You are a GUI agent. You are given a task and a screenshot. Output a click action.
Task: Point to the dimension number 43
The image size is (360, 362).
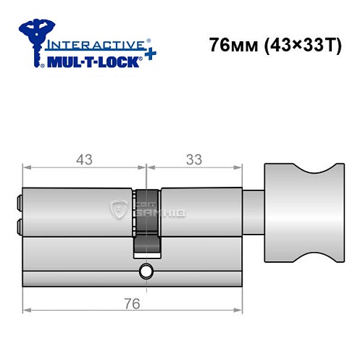click(85, 159)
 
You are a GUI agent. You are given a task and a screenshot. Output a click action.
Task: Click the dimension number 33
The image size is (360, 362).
click(192, 159)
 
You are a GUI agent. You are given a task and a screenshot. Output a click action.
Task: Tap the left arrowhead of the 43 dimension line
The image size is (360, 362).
click(26, 167)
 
